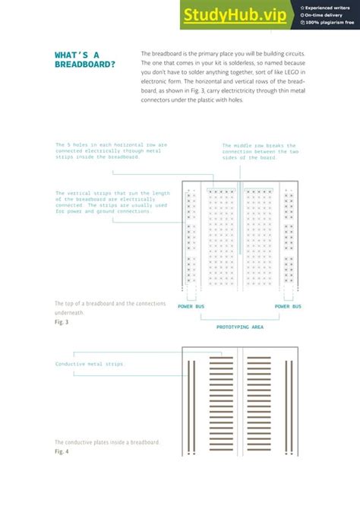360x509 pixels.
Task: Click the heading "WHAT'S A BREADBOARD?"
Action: tap(85, 59)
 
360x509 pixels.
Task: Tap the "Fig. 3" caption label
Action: tap(62, 322)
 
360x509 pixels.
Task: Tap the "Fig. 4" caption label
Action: tap(62, 452)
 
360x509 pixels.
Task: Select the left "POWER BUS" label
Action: tap(191, 307)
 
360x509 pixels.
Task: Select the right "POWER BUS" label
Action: tap(288, 307)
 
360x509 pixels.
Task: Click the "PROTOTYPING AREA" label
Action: tap(239, 327)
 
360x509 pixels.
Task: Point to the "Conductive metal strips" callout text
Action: tap(90, 364)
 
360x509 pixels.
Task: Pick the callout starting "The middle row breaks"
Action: tap(260, 152)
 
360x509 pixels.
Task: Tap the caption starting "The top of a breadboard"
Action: tap(109, 304)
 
